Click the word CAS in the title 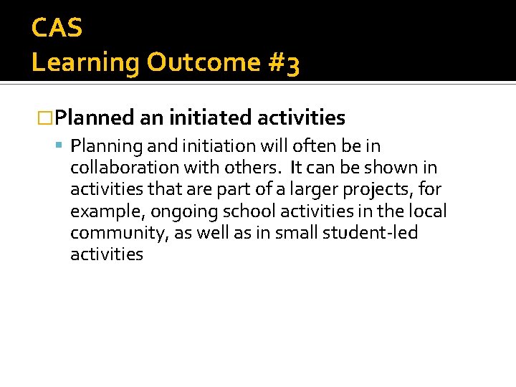click(57, 29)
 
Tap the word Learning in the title click(86, 63)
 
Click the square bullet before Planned click(44, 118)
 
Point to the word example click(100, 212)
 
